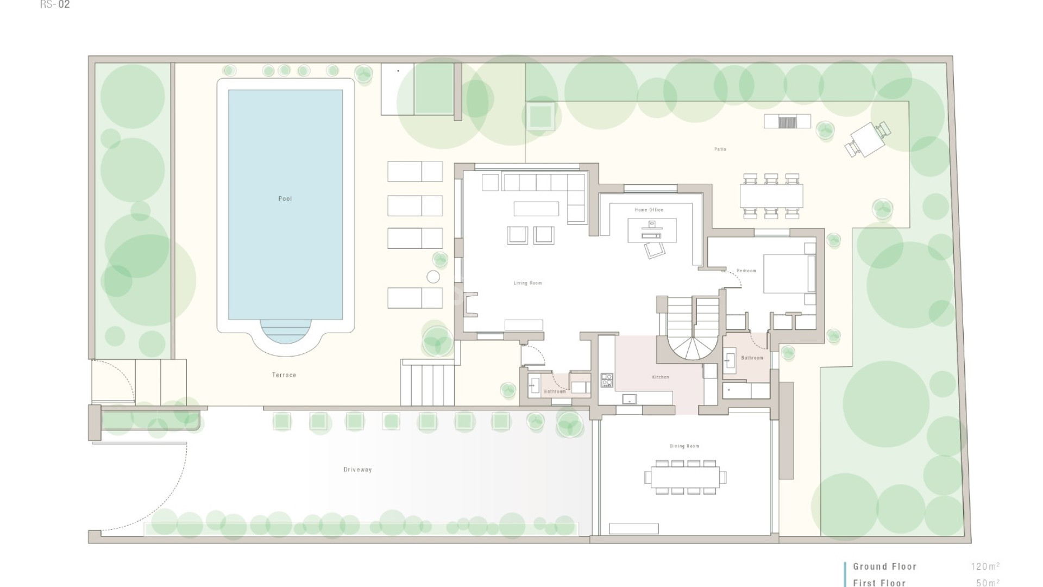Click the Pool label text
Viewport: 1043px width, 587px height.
[x=285, y=199]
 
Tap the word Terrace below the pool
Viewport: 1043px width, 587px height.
[x=284, y=375]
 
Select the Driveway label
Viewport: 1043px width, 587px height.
[x=357, y=470]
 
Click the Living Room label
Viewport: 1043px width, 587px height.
[x=527, y=283]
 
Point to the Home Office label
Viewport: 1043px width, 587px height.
[x=649, y=210]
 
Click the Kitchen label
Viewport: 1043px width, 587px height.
[x=660, y=377]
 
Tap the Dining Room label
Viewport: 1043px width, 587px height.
[x=684, y=446]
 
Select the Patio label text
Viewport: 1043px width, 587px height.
[x=720, y=149]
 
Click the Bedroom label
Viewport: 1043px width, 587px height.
[x=746, y=271]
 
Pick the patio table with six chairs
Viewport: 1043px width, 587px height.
[x=771, y=196]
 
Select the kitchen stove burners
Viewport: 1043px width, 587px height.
[x=607, y=380]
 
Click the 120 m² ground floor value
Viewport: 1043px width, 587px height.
[x=984, y=566]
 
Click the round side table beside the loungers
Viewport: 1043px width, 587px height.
[x=433, y=277]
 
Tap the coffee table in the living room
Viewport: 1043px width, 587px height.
[x=536, y=209]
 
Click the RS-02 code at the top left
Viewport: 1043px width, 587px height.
[x=55, y=5]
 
